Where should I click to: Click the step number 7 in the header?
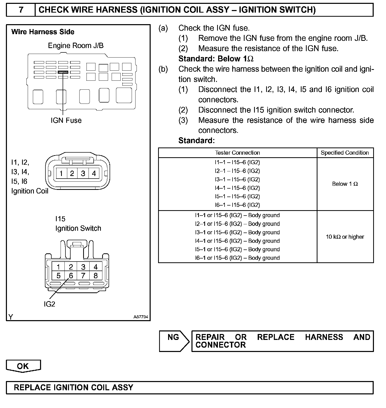point(21,10)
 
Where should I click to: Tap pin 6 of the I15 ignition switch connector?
point(71,276)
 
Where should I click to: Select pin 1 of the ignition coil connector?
point(61,174)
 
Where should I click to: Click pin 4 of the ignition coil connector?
point(94,174)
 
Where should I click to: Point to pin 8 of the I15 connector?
point(95,276)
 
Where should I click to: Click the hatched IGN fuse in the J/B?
point(63,72)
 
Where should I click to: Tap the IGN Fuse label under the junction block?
point(66,120)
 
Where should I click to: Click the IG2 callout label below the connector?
point(49,304)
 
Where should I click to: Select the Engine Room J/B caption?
point(76,45)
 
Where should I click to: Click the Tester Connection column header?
point(237,153)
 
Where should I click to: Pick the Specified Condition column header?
point(345,153)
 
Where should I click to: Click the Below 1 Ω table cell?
point(345,184)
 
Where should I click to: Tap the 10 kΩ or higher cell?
point(345,237)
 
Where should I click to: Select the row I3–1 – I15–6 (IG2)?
point(237,179)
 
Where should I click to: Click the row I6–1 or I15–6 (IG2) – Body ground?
point(237,258)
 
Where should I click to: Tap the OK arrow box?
point(23,366)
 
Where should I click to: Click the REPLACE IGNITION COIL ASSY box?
point(190,387)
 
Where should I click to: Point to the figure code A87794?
point(141,317)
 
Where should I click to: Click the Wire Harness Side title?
point(43,32)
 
